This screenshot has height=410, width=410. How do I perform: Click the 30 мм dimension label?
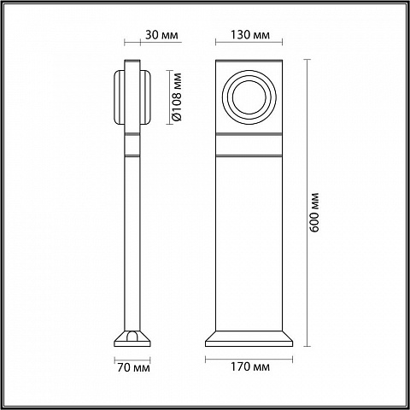pyautogui.click(x=161, y=35)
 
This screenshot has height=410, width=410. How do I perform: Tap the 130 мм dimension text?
pyautogui.click(x=250, y=35)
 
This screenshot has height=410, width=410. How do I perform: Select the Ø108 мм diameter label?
pyautogui.click(x=177, y=97)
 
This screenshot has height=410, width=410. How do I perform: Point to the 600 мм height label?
pyautogui.click(x=314, y=213)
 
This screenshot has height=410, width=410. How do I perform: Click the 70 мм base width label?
pyautogui.click(x=133, y=367)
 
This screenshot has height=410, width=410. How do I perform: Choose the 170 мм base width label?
pyautogui.click(x=250, y=367)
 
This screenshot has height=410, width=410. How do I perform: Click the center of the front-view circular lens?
pyautogui.click(x=249, y=97)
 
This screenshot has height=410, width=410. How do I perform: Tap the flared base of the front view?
pyautogui.click(x=249, y=338)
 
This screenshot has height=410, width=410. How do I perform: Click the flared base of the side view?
pyautogui.click(x=132, y=339)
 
